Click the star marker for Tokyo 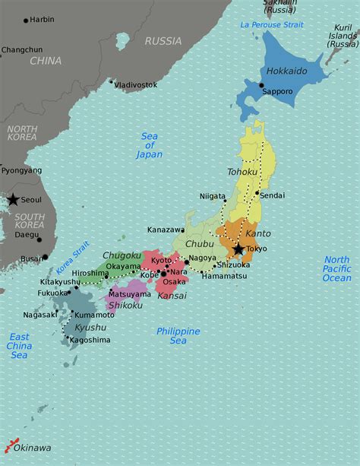(238, 249)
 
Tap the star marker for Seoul (13, 200)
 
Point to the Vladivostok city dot (111, 81)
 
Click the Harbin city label (42, 19)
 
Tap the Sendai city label (272, 195)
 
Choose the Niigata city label (213, 196)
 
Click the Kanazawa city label (166, 229)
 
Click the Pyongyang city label (21, 170)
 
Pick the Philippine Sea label (178, 336)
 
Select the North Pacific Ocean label (336, 269)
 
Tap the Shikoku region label (125, 305)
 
